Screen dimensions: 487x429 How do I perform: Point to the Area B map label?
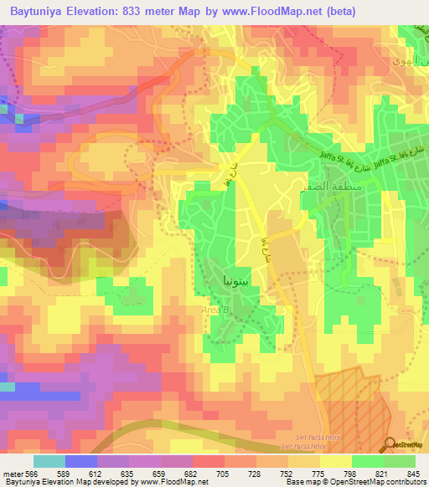click(214, 310)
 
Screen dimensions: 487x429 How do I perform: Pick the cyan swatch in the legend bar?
click(49, 461)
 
